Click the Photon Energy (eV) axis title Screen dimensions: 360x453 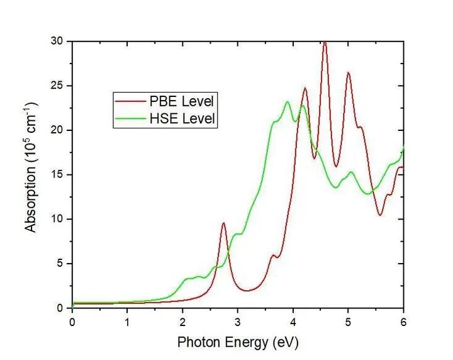point(238,342)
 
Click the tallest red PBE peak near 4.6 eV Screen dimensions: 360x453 point(325,42)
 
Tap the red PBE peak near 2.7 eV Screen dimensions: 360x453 point(223,223)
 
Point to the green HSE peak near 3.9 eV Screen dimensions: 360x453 point(287,102)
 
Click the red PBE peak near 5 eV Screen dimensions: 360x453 point(348,73)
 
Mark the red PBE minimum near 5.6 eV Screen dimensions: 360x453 point(380,215)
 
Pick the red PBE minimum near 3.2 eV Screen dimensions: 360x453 point(247,291)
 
